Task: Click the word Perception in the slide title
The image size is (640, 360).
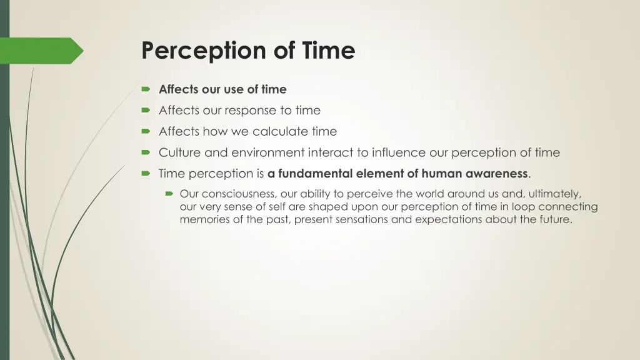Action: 204,51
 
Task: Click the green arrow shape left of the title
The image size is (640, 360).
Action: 44,51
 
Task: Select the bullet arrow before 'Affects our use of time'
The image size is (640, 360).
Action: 146,89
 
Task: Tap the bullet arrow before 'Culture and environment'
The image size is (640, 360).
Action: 146,153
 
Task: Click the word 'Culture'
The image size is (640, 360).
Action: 179,152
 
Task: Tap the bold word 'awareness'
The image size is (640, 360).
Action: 497,174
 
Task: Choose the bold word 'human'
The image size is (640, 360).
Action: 441,174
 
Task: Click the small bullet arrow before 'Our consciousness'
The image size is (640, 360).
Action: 169,194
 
